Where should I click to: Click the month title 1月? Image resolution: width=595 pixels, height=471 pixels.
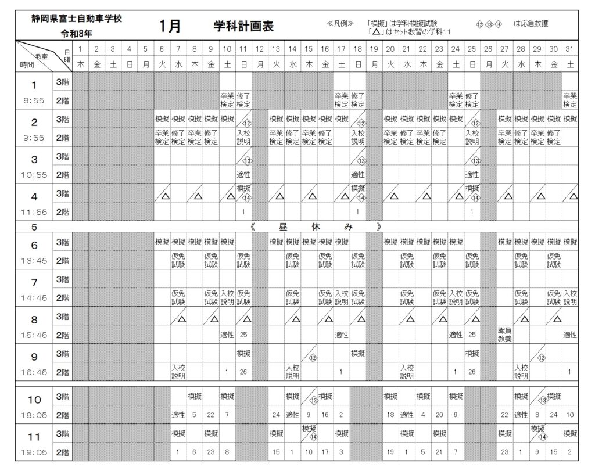[169, 27]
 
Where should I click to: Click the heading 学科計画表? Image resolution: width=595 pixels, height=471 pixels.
[243, 27]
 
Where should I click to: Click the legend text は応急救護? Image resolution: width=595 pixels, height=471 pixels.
[531, 24]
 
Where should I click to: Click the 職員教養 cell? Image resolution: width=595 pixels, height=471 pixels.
[504, 334]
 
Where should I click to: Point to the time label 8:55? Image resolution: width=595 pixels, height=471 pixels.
[34, 100]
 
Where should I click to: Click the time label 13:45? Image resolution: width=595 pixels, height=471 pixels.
[34, 260]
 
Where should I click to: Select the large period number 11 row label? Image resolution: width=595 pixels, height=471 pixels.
[34, 435]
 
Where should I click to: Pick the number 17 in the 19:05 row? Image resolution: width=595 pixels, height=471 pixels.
[325, 451]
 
